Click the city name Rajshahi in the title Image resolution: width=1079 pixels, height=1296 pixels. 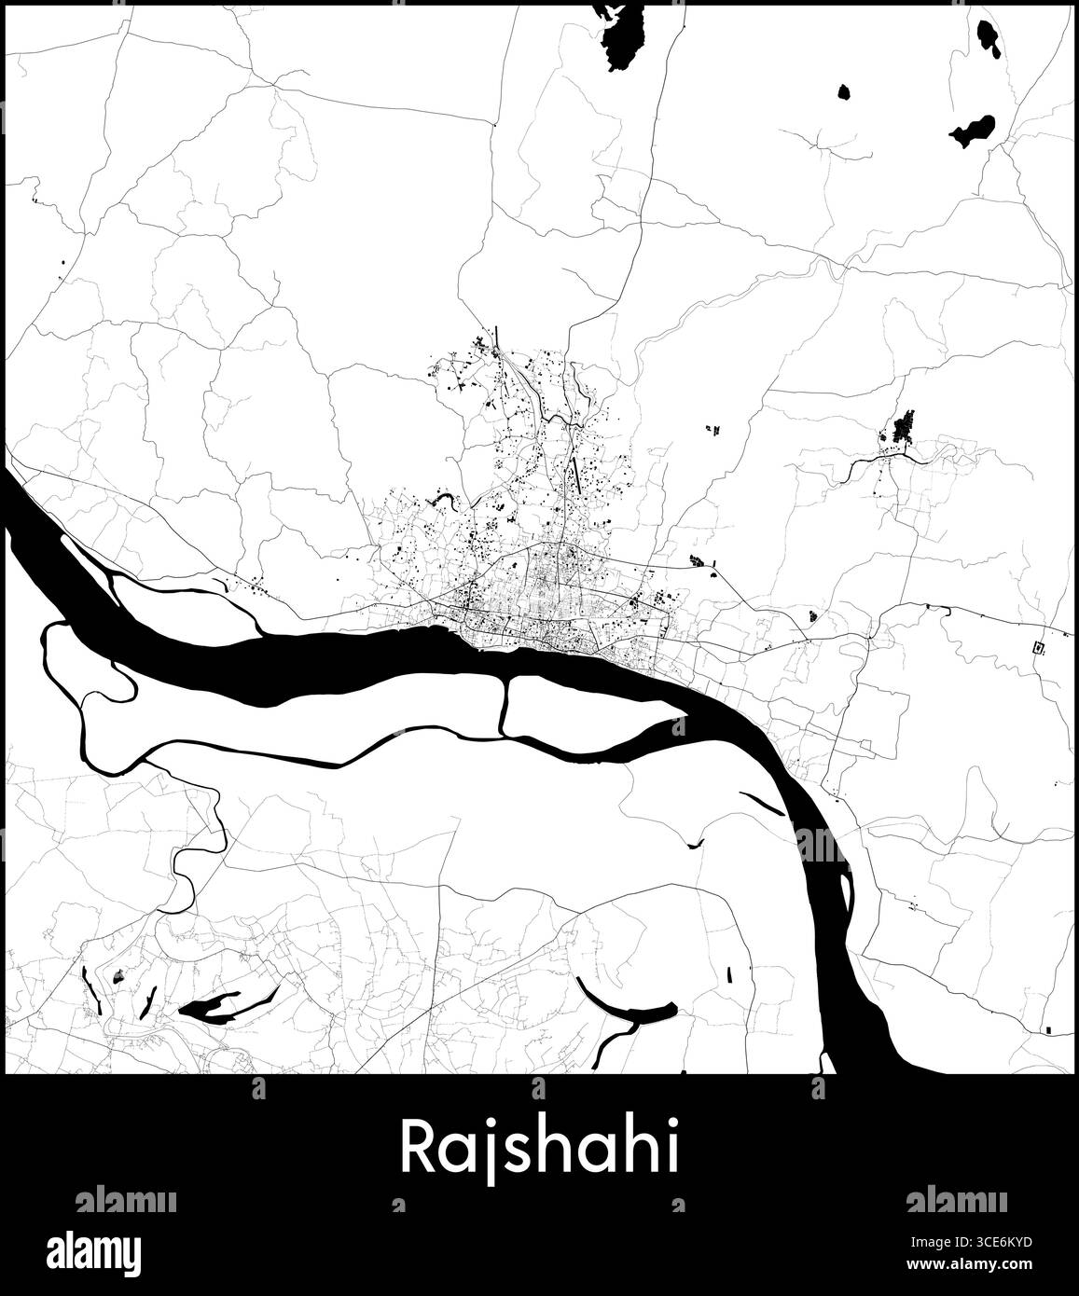point(539,1149)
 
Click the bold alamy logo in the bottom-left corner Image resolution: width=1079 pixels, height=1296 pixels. point(107,1249)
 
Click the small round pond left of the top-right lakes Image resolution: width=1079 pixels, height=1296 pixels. point(843,92)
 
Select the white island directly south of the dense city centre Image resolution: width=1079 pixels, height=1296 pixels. point(588,704)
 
